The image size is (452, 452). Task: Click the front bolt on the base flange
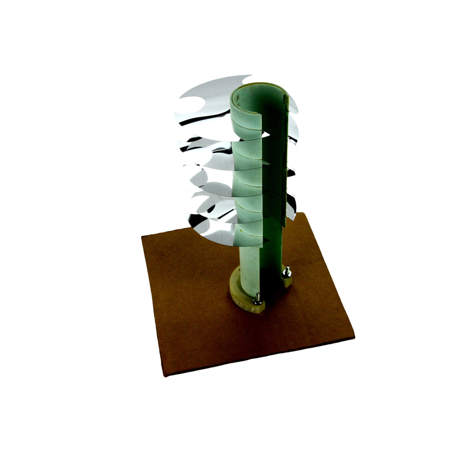click(258, 298)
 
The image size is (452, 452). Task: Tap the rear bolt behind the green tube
click(286, 272)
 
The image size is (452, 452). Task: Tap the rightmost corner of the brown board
click(353, 335)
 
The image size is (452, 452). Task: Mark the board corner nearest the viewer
click(165, 375)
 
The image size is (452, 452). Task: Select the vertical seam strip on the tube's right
click(285, 158)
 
